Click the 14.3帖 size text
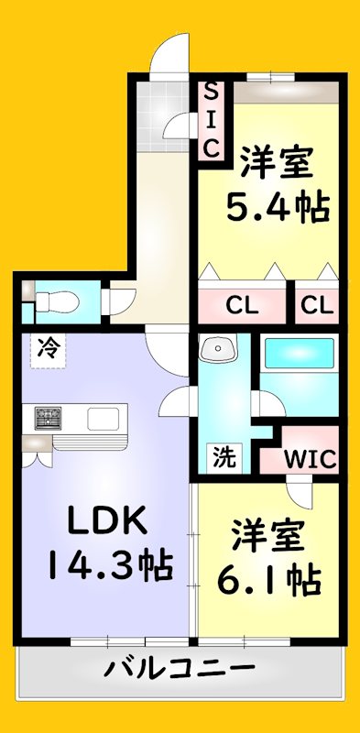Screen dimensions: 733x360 tap(108, 565)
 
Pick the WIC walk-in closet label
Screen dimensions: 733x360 tap(302, 457)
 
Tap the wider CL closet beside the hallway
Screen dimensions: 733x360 tap(243, 303)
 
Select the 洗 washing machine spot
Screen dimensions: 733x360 tap(222, 454)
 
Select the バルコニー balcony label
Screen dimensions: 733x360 tap(179, 667)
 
